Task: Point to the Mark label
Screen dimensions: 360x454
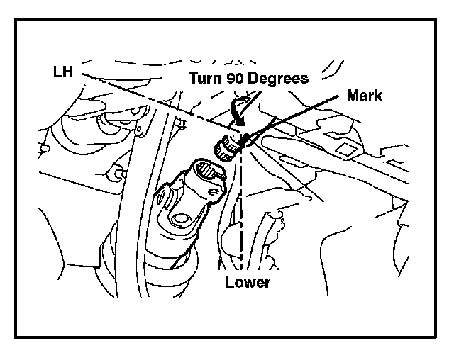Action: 365,96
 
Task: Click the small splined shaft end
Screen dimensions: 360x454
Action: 228,147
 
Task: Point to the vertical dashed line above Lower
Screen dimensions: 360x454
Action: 242,213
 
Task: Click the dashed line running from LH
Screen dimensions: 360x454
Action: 156,99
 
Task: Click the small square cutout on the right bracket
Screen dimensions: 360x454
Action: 346,149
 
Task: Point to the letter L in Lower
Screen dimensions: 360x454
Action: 228,283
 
